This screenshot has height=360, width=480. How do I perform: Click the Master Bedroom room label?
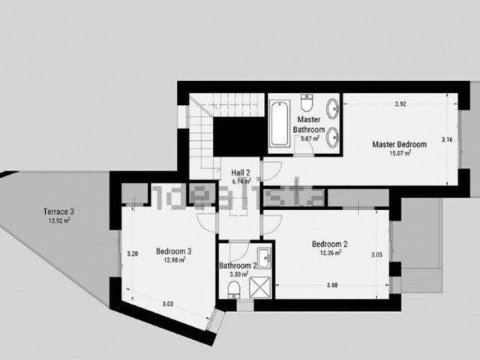tap(398, 144)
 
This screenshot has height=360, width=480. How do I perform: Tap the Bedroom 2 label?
tap(328, 244)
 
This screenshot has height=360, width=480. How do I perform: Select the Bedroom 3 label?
tap(173, 251)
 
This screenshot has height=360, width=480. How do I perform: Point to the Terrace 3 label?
tap(58, 212)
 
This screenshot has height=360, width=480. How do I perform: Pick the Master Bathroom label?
tap(309, 124)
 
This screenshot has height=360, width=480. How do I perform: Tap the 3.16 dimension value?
tap(447, 139)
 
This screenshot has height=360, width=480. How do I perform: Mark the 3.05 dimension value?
tap(376, 255)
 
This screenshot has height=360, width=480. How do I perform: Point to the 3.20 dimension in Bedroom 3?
tap(133, 253)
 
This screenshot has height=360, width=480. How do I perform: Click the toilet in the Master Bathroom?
tap(307, 103)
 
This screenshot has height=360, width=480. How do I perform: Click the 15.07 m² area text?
tap(400, 154)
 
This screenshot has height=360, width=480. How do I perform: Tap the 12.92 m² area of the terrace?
tap(58, 221)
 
